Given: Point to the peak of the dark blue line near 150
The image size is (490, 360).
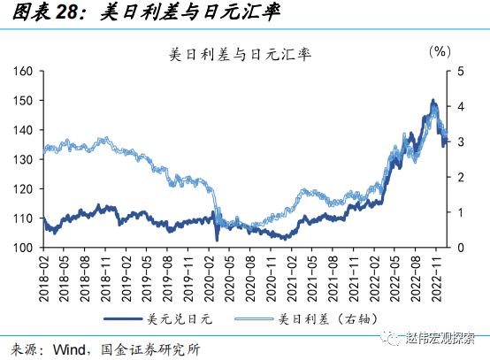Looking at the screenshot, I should [433, 101].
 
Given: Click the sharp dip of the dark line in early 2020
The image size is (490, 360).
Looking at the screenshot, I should [218, 239].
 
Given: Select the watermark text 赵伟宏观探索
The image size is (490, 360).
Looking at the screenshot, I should [442, 338].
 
